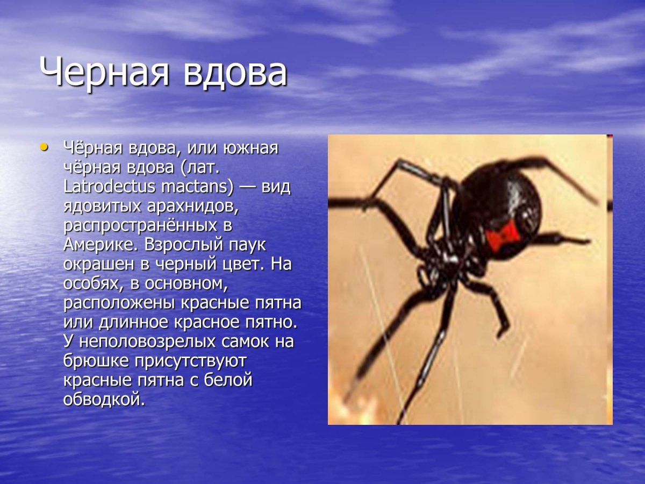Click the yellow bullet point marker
coord(45,146)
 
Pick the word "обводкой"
coord(104,399)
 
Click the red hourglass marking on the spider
coord(503,233)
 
